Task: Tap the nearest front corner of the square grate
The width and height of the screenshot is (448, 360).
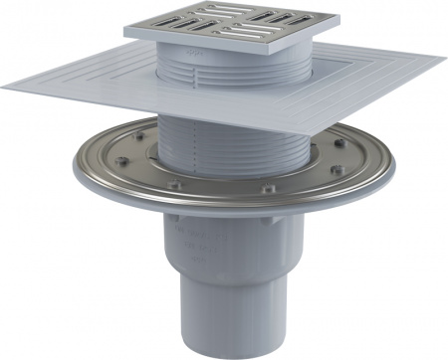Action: coord(219,43)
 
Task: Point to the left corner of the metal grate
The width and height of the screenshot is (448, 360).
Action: coord(126,30)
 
